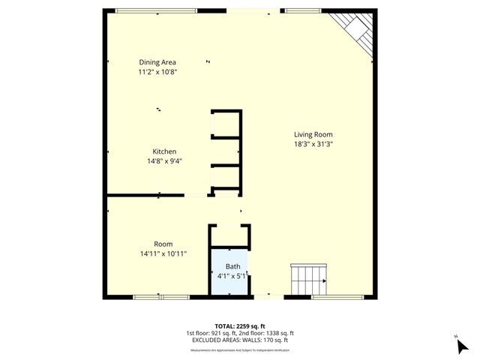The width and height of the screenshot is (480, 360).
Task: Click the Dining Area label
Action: [x=157, y=62]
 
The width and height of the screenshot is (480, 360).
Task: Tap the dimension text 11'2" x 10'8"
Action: [x=157, y=72]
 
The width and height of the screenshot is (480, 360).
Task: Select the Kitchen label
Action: [x=164, y=151]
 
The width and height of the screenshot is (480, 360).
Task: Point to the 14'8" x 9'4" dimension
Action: [x=164, y=160]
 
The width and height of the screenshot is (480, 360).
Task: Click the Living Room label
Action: [x=313, y=134]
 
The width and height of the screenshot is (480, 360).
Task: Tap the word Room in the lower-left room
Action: [x=163, y=244]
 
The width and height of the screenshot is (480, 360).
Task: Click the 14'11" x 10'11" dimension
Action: [x=163, y=253]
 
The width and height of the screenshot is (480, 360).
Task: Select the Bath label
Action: [x=232, y=266]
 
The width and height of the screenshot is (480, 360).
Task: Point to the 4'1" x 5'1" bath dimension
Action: [x=232, y=276]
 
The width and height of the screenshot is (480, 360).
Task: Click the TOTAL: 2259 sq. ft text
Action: [x=239, y=326]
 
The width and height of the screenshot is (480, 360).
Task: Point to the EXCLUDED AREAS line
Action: [x=239, y=341]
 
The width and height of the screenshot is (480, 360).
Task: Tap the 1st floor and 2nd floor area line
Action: [x=239, y=334]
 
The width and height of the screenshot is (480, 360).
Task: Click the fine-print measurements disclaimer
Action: [x=239, y=349]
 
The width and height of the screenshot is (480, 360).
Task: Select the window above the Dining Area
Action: [x=156, y=10]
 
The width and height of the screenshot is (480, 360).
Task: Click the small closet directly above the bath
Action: [x=229, y=235]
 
